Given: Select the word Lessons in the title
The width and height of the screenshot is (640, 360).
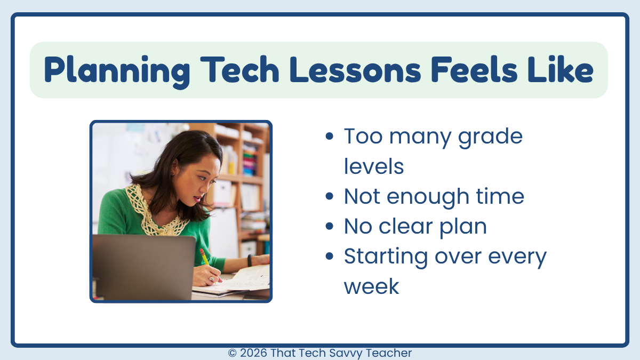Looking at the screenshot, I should click(x=363, y=70).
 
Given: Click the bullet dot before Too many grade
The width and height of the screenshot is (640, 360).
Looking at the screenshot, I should click(x=329, y=137).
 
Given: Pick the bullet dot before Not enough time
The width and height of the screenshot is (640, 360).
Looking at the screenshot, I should click(x=329, y=197).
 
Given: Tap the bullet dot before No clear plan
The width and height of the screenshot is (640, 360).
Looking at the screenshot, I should click(x=329, y=227).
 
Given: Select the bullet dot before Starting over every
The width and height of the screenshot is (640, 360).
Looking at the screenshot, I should click(x=329, y=257).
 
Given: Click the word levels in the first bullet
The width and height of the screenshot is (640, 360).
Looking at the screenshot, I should click(x=373, y=167).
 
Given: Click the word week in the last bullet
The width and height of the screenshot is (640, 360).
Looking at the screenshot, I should click(x=371, y=287).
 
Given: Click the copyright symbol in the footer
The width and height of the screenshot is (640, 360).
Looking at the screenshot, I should click(x=233, y=353).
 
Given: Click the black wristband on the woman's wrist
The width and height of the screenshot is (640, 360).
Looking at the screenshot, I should click(x=249, y=260).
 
